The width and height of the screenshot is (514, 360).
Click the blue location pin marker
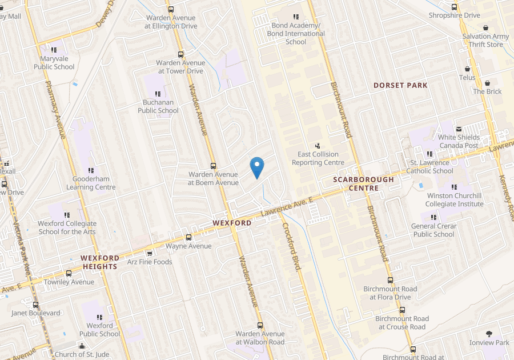click(257, 167)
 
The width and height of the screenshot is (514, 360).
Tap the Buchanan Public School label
click(158, 107)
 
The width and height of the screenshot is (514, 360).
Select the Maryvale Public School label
click(54, 63)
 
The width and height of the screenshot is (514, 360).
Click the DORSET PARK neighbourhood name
click(400, 86)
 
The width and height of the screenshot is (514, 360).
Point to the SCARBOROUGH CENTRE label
click(364, 183)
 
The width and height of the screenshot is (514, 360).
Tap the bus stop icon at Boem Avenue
click(213, 166)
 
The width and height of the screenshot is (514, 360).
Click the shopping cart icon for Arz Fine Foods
click(150, 253)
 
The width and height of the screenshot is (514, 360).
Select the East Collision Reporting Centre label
click(318, 158)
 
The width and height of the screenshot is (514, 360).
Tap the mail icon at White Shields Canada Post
click(459, 129)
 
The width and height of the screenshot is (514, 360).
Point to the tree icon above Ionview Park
click(489, 334)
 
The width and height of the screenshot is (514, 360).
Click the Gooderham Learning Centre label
click(91, 183)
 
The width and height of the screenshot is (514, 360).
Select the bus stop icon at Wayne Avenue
click(188, 238)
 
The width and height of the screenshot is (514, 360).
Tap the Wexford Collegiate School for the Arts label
click(67, 227)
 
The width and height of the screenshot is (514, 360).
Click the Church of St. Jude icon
click(82, 346)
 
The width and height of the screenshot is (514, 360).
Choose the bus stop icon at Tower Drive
click(181, 55)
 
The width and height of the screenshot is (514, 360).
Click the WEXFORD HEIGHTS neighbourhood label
click(99, 262)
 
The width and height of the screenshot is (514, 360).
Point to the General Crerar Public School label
click(433, 230)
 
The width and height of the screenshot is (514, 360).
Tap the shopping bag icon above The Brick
click(487, 83)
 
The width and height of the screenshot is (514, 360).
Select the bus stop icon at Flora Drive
click(390, 281)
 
